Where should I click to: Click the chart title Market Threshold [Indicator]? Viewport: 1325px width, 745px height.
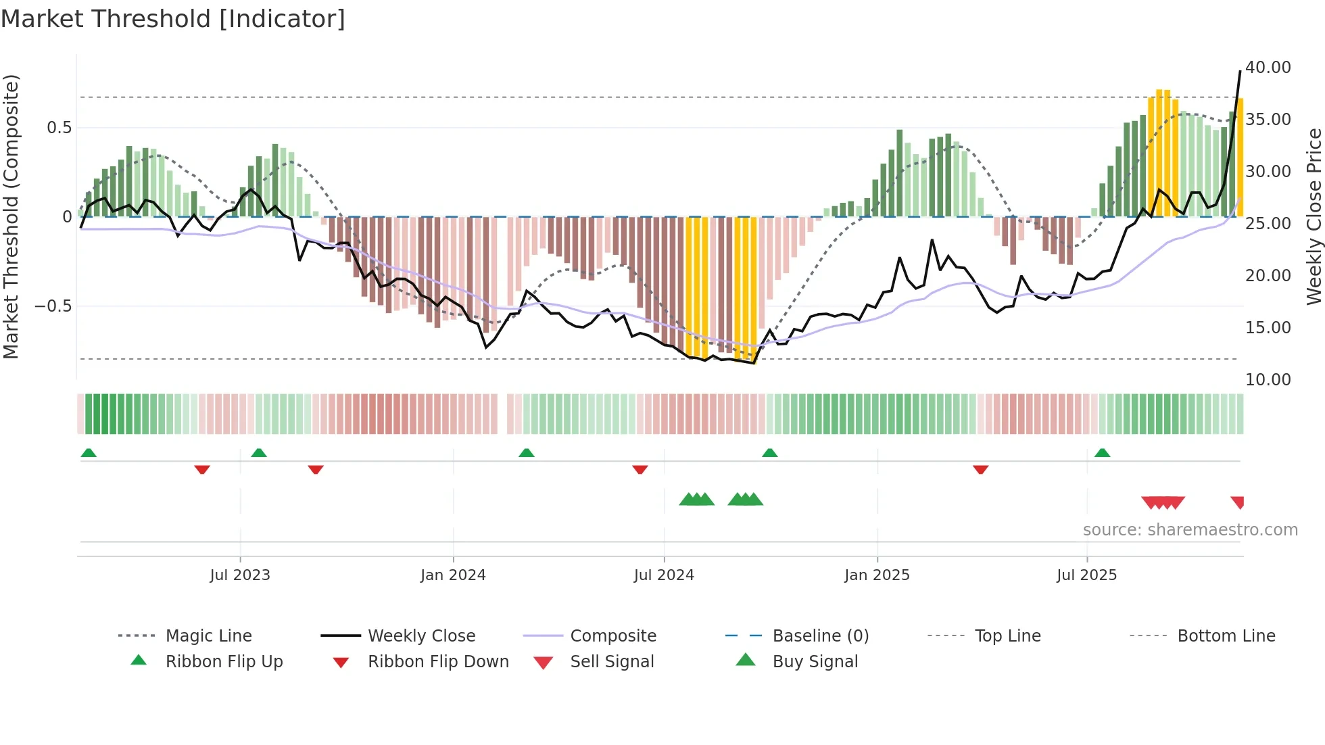(x=173, y=19)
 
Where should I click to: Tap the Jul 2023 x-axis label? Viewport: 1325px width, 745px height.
(x=240, y=575)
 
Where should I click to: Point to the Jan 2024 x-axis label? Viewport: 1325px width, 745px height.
(x=453, y=575)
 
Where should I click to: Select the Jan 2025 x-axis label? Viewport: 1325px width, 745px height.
(x=877, y=575)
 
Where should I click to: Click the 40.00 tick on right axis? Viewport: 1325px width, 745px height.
(x=1268, y=68)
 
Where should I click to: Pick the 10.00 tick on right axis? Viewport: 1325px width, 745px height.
(x=1268, y=380)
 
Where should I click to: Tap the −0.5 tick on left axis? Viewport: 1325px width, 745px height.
(x=53, y=306)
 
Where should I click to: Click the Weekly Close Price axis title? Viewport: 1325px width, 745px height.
(x=1314, y=216)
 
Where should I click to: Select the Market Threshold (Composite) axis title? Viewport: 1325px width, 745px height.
(x=11, y=216)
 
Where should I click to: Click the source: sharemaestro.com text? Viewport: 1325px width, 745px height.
(x=1190, y=530)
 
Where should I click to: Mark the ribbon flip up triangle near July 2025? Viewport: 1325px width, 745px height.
(x=1102, y=453)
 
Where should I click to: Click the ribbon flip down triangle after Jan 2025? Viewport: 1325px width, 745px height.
(x=980, y=469)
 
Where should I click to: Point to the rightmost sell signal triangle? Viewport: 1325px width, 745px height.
(x=1238, y=502)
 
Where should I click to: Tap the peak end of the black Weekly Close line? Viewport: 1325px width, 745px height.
(x=1240, y=71)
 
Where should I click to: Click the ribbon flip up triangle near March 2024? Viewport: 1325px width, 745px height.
(x=527, y=453)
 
